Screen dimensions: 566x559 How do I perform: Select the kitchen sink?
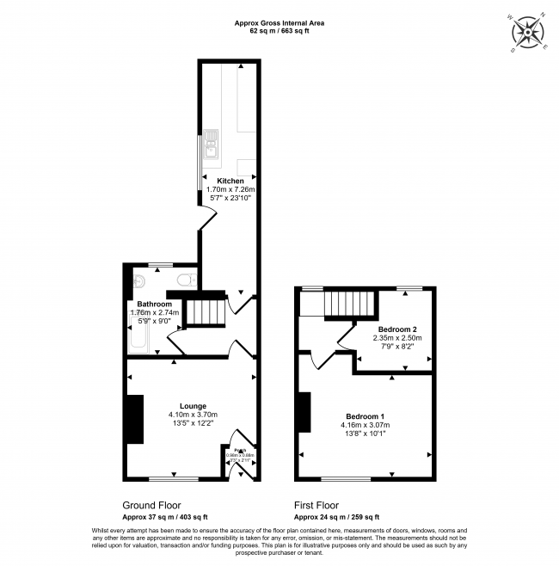[212, 151]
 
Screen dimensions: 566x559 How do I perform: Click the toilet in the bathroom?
[184, 280]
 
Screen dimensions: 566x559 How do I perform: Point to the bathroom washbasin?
[138, 282]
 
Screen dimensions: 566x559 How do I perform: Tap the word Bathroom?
[155, 305]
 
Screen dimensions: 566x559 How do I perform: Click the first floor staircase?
[352, 305]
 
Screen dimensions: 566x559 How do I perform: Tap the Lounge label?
[193, 405]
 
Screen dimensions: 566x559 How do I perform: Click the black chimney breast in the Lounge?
[135, 420]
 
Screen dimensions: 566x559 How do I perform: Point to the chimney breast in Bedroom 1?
[304, 412]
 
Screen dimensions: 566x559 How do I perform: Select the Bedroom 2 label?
[397, 329]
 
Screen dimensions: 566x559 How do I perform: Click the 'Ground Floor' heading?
[150, 506]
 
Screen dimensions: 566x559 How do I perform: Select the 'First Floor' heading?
[316, 506]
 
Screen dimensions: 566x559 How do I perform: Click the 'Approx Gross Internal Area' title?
[279, 22]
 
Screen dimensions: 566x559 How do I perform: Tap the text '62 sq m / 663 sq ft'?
[279, 31]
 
